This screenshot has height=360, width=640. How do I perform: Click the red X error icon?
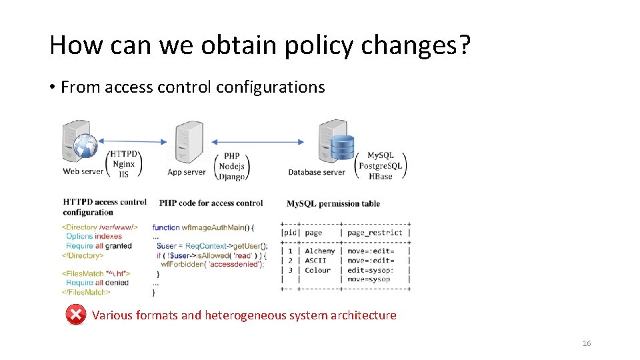76,315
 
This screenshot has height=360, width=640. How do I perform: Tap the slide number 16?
586,343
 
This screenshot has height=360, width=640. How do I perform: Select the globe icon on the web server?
86,146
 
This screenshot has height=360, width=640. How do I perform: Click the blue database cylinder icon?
343,147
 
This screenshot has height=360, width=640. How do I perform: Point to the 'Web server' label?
83,172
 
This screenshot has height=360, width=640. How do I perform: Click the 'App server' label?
187,172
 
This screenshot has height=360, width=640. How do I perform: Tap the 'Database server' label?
317,172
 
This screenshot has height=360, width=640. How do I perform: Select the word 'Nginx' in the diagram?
124,164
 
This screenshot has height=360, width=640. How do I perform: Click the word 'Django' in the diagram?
233,177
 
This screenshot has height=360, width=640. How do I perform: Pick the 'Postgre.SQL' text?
381,166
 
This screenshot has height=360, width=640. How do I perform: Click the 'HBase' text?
381,176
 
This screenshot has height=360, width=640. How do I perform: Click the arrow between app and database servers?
257,141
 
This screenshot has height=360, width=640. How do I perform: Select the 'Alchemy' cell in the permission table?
319,251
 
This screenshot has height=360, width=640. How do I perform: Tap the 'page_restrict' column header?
375,233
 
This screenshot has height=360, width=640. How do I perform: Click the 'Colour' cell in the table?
317,270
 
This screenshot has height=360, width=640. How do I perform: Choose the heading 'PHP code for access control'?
211,203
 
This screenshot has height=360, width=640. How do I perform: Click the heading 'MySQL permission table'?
333,203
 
